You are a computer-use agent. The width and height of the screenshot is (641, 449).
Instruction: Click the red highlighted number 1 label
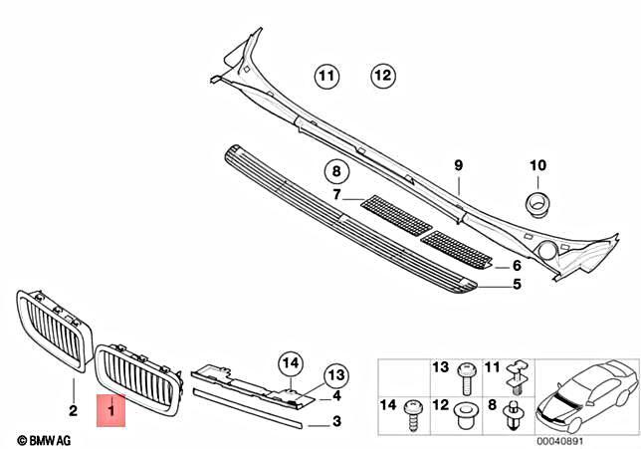click(x=111, y=409)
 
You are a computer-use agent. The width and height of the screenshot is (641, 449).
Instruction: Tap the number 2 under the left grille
click(x=73, y=409)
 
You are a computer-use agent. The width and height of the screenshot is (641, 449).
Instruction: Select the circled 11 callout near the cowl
click(x=327, y=75)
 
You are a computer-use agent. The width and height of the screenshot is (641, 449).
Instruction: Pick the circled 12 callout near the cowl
click(x=383, y=75)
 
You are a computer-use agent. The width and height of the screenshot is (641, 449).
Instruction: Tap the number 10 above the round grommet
click(x=537, y=164)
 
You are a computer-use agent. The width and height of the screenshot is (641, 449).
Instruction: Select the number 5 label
click(x=517, y=285)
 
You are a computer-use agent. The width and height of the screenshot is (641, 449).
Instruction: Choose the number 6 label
click(x=517, y=266)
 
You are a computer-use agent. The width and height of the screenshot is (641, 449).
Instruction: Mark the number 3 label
click(x=336, y=422)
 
